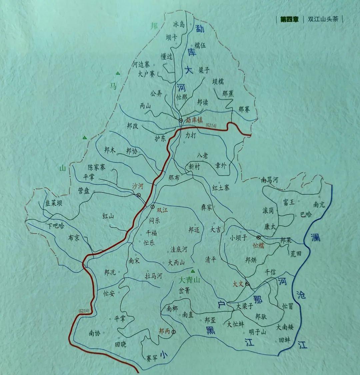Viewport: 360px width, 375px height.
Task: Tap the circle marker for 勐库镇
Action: pyautogui.click(x=180, y=120)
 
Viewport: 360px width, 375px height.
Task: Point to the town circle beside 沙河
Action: pyautogui.click(x=139, y=195)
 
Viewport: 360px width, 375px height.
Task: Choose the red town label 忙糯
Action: pyautogui.click(x=259, y=245)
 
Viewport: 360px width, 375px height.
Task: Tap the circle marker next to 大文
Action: pyautogui.click(x=247, y=284)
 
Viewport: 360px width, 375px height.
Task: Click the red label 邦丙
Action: pyautogui.click(x=164, y=331)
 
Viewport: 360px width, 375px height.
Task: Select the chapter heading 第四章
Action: pyautogui.click(x=289, y=19)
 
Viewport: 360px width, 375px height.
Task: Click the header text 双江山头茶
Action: pyautogui.click(x=323, y=19)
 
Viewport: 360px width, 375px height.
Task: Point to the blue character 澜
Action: pyautogui.click(x=315, y=237)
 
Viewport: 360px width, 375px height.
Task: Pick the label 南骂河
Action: pyautogui.click(x=269, y=181)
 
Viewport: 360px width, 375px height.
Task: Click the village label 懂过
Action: pyautogui.click(x=166, y=57)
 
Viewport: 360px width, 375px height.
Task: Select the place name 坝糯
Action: pyautogui.click(x=218, y=82)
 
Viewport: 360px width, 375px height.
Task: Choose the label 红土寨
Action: pyautogui.click(x=221, y=188)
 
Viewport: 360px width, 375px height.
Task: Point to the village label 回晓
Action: pyautogui.click(x=120, y=345)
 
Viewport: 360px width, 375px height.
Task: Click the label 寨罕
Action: pyautogui.click(x=152, y=358)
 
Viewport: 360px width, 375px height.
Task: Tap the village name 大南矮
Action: pyautogui.click(x=285, y=327)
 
